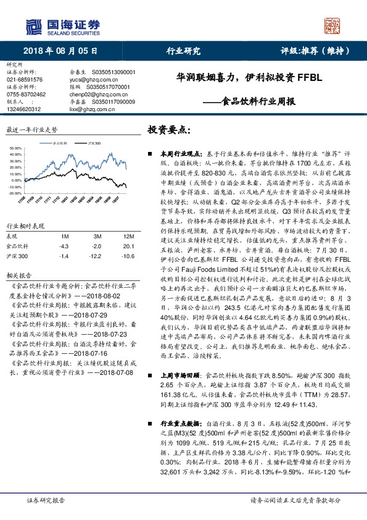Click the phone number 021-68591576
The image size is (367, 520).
(x=25, y=80)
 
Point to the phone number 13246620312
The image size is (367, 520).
(x=25, y=109)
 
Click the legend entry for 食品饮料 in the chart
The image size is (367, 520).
(x=62, y=142)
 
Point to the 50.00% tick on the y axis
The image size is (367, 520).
(x=14, y=149)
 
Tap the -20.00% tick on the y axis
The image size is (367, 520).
(x=13, y=193)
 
